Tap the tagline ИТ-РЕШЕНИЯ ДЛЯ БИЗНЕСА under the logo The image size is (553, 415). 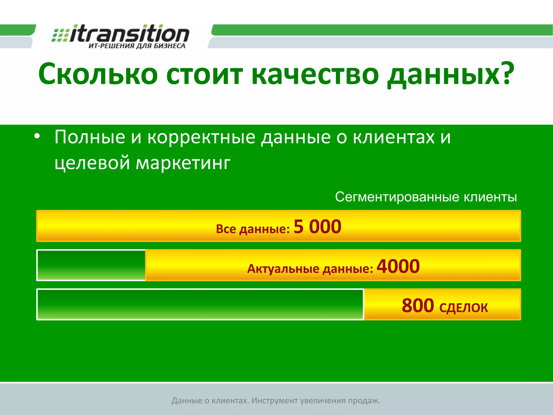pyautogui.click(x=137, y=46)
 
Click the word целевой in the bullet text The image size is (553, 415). pyautogui.click(x=92, y=163)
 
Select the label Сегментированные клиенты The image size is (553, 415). pyautogui.click(x=426, y=197)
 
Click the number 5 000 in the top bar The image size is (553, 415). pyautogui.click(x=317, y=226)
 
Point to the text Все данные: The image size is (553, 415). pyautogui.click(x=253, y=229)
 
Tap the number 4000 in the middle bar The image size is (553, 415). pyautogui.click(x=398, y=266)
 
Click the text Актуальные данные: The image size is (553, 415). pyautogui.click(x=310, y=269)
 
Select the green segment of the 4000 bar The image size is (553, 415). pyautogui.click(x=91, y=265)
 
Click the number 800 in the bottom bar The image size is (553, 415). pyautogui.click(x=418, y=306)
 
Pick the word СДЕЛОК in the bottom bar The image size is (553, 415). pyautogui.click(x=463, y=308)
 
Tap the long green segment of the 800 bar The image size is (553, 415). pyautogui.click(x=200, y=304)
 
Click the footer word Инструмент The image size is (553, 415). pyautogui.click(x=275, y=400)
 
